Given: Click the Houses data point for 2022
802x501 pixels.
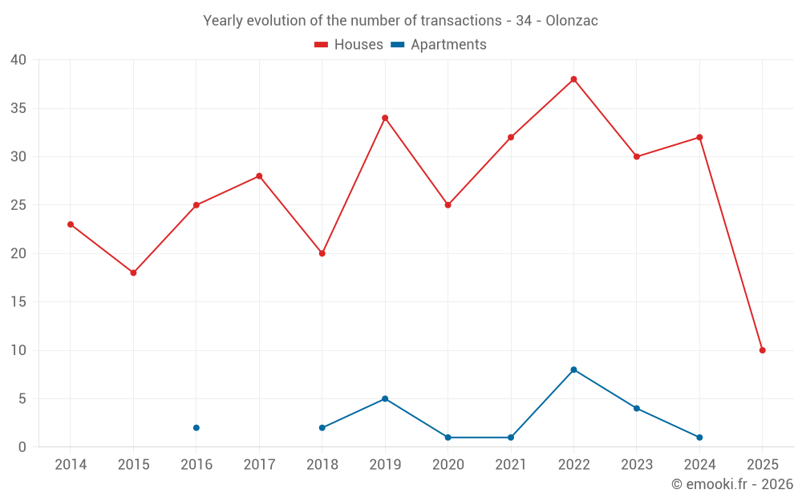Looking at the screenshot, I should (573, 79).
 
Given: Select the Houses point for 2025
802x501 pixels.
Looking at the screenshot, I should (763, 350).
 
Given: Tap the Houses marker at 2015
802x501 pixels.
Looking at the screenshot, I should (133, 273).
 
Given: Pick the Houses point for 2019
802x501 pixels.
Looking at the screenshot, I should (385, 118).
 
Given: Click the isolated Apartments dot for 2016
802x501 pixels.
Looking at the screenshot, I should (196, 427).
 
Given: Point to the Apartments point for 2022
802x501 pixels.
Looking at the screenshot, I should (573, 370).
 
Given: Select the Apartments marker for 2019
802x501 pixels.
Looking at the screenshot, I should (385, 398).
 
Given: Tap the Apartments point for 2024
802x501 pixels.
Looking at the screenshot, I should (699, 437).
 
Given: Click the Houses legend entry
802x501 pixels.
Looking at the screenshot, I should (349, 45).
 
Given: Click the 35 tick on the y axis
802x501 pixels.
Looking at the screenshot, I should (18, 108).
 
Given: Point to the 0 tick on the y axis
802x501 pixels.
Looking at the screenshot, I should (22, 446).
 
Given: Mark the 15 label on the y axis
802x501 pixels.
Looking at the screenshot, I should (18, 302).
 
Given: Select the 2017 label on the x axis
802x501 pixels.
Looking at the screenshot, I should (259, 464).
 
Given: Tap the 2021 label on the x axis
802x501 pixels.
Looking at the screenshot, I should (511, 464).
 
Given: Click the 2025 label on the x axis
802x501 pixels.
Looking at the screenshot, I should (763, 464).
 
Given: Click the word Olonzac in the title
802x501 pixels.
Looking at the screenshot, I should (572, 21).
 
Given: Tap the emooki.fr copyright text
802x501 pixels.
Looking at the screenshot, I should (732, 484).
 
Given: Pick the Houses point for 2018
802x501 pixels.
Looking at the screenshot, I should (322, 253).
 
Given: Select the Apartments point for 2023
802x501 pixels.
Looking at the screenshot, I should (637, 408).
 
